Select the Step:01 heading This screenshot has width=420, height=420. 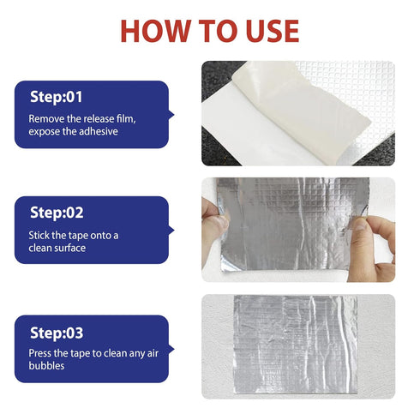click(57, 97)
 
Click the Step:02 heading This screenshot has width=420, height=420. click(57, 213)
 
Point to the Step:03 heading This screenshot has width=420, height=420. click(57, 333)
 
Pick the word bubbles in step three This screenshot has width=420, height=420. click(46, 365)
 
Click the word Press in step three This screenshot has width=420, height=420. click(39, 353)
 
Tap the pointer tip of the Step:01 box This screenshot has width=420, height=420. click(174, 115)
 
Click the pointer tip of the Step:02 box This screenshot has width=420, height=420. click(174, 231)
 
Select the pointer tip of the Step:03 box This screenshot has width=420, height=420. click(174, 349)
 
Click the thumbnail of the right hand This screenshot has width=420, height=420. click(360, 224)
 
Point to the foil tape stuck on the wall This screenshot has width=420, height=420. click(296, 345)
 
